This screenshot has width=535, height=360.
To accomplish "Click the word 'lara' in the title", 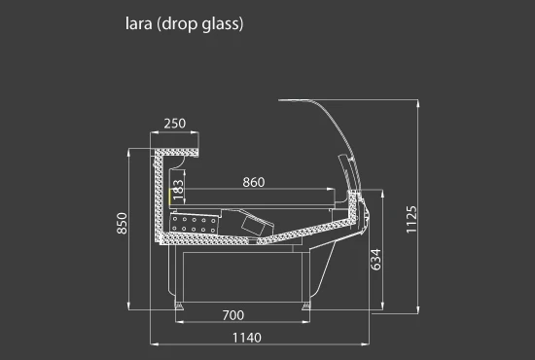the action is coord(138,24).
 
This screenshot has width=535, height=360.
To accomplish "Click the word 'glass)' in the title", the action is coord(223,25).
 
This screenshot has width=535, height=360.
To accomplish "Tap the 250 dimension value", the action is coord(175,124).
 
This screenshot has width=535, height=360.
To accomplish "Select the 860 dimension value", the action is coord(254,182).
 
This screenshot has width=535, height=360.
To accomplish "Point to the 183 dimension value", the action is coord(178,190).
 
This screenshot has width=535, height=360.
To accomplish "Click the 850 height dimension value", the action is coord(122,223).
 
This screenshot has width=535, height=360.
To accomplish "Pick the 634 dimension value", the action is coord(375,260).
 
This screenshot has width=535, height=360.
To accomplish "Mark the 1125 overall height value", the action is coord(411,220).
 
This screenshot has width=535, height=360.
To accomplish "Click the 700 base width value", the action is coord(233,315).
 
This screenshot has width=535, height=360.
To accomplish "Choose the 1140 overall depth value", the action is coord(247,338).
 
